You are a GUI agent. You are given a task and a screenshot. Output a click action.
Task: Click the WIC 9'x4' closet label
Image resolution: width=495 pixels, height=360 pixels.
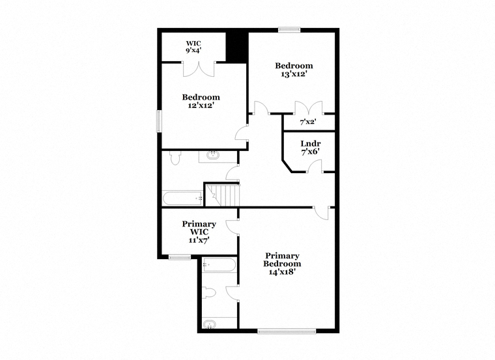pyautogui.click(x=193, y=47)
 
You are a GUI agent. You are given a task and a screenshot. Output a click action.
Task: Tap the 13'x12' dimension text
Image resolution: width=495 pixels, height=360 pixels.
pyautogui.click(x=294, y=74)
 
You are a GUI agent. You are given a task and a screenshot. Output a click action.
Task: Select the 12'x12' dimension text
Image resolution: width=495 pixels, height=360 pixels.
pyautogui.click(x=201, y=105)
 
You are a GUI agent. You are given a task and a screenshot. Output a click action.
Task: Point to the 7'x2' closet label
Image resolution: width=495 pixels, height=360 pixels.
pyautogui.click(x=308, y=122)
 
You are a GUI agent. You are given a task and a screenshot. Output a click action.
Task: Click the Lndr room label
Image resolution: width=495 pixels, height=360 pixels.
pyautogui.click(x=311, y=144)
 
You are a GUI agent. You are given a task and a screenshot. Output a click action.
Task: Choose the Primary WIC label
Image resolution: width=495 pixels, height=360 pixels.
pyautogui.click(x=199, y=228)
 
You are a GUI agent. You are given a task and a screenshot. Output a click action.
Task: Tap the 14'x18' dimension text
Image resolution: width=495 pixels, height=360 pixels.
pyautogui.click(x=282, y=271)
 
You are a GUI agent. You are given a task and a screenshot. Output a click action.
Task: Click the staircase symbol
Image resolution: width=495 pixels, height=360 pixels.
pyautogui.click(x=223, y=195)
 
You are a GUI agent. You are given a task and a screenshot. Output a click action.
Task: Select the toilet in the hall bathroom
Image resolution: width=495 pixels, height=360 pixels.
pyautogui.click(x=175, y=158)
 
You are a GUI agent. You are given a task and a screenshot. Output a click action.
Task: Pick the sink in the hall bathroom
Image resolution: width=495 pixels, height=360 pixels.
pyautogui.click(x=213, y=155)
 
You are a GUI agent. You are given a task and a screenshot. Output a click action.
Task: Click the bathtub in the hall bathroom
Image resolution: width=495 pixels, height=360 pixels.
pyautogui.click(x=183, y=199)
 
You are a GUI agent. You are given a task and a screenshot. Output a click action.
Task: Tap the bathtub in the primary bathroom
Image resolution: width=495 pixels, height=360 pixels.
pyautogui.click(x=219, y=265)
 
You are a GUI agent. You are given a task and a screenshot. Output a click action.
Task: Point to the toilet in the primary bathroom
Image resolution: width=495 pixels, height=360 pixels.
pyautogui.click(x=208, y=293)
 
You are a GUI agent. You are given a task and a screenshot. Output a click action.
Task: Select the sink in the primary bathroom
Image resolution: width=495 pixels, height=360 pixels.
pyautogui.click(x=209, y=324)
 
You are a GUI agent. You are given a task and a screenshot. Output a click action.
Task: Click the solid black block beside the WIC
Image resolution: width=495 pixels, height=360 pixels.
pyautogui.click(x=237, y=47)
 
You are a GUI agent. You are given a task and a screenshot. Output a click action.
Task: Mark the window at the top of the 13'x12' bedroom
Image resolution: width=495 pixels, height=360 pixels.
pyautogui.click(x=289, y=30)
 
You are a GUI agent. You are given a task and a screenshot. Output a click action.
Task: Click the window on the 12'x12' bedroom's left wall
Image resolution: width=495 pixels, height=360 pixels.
pyautogui.click(x=160, y=121)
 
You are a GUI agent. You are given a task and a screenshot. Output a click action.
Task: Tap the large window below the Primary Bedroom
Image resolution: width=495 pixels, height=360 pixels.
pyautogui.click(x=287, y=331)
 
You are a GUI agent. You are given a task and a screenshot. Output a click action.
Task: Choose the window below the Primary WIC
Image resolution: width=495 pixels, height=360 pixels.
pyautogui.click(x=179, y=258)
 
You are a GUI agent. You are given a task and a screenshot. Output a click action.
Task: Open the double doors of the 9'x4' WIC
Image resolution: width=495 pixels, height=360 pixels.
pyautogui.click(x=199, y=69)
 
